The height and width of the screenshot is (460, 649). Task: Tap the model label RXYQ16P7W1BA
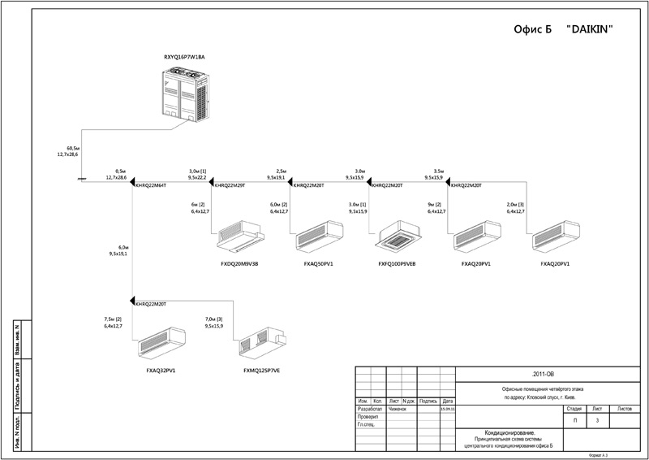(x=185, y=58)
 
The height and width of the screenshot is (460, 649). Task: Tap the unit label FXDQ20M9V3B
(x=240, y=264)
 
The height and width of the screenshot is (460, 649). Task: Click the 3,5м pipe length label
(x=440, y=170)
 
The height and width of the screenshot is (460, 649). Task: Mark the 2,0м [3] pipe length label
(x=516, y=204)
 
